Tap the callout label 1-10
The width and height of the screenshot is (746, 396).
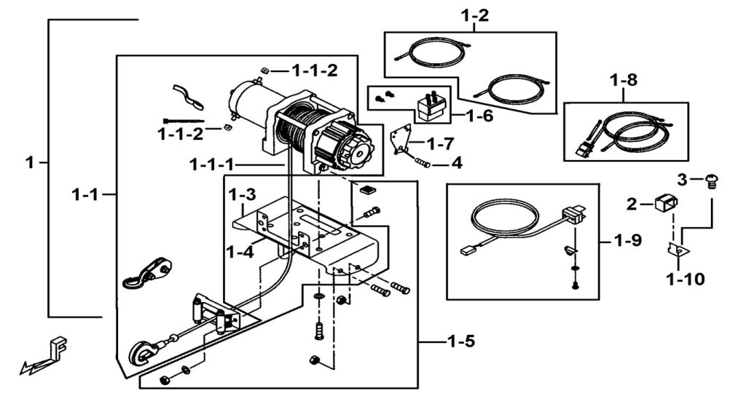click(686, 279)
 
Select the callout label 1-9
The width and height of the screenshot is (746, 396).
click(627, 240)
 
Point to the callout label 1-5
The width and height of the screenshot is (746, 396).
click(461, 341)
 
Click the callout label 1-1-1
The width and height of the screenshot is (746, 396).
click(212, 165)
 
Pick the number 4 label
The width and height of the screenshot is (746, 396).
click(457, 163)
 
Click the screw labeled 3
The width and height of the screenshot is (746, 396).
click(711, 181)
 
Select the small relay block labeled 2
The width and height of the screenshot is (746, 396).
click(666, 204)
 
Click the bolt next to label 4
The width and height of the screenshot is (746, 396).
click(423, 164)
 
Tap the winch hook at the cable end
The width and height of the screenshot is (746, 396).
click(144, 352)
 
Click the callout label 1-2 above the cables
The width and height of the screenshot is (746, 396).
click(475, 16)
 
